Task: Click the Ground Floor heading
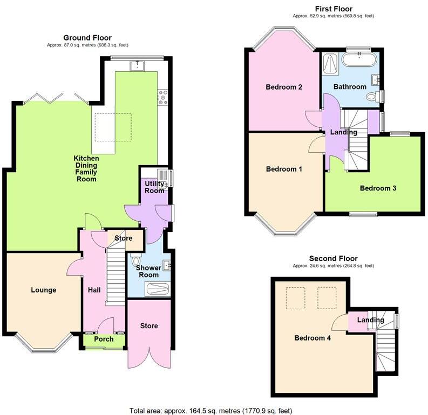(x=87, y=38)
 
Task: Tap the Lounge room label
(x=43, y=290)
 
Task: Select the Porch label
(x=104, y=339)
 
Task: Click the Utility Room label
(x=154, y=187)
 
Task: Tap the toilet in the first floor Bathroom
(x=372, y=97)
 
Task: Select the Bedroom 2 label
(x=283, y=87)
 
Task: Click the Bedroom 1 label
(x=283, y=169)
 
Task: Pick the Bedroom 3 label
(x=378, y=188)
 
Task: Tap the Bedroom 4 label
(x=312, y=338)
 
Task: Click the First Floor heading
(x=334, y=9)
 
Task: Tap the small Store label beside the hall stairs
(x=124, y=237)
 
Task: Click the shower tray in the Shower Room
(x=157, y=289)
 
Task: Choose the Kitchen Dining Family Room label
(x=86, y=168)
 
